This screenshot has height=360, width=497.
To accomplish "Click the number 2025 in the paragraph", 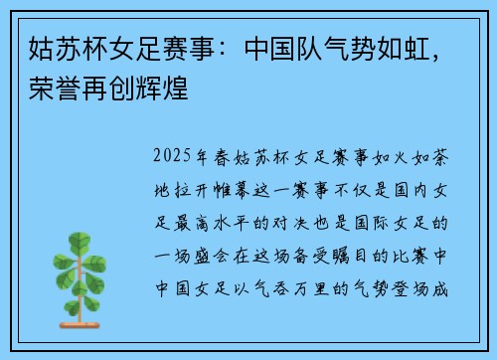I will pos(175,157).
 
